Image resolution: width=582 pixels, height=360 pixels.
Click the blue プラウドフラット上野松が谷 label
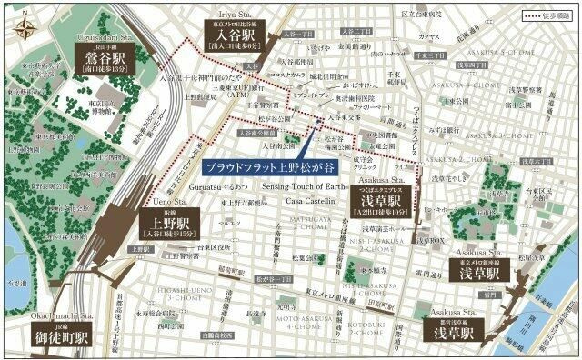point(256,166)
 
